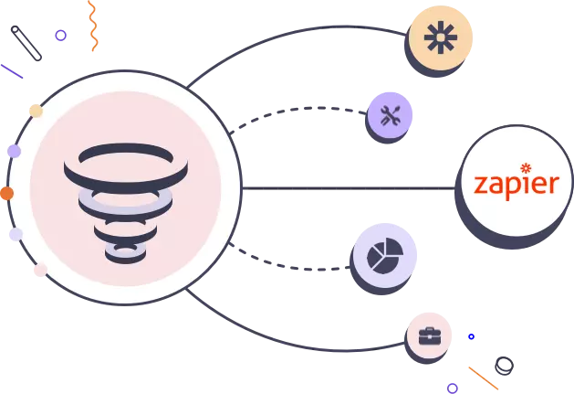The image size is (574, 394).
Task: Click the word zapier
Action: point(517,186)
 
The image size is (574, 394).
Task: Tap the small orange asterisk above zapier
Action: point(526,168)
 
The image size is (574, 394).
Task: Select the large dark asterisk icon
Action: point(441,37)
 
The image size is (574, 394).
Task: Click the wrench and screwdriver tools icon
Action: point(391,115)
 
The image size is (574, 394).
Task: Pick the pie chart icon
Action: point(385,255)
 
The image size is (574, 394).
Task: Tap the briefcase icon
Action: point(430,336)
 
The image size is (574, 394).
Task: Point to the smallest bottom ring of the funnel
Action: point(126,255)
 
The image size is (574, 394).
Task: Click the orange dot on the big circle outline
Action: point(7,193)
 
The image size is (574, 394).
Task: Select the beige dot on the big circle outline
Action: point(36,111)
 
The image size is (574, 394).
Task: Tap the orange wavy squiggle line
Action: point(93,26)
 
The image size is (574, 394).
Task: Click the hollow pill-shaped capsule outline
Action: point(26,43)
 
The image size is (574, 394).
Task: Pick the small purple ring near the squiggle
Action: point(61,36)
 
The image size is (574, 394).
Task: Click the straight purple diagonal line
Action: point(12,71)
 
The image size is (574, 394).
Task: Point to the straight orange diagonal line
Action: point(484,378)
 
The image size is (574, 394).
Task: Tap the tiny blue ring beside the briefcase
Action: point(472,336)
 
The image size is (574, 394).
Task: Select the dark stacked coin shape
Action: point(504,366)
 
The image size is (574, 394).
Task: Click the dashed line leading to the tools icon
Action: point(297,110)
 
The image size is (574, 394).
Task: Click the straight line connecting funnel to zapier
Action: point(349,188)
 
